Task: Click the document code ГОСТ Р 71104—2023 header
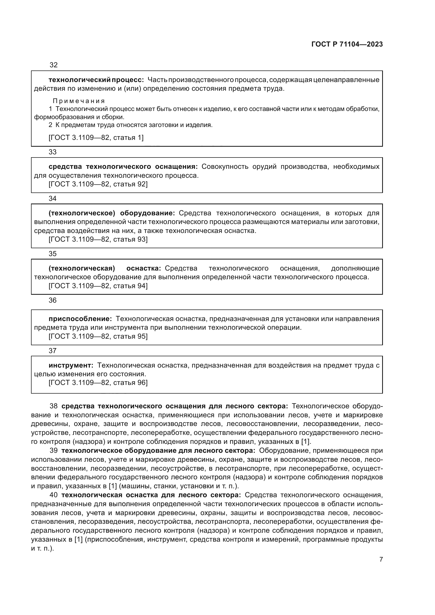[x=347, y=44]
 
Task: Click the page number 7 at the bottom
[x=381, y=559]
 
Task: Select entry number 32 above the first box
[x=54, y=65]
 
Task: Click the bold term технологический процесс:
[x=96, y=80]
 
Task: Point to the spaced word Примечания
[x=79, y=101]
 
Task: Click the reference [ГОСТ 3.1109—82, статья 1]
[x=96, y=138]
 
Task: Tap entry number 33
[x=53, y=152]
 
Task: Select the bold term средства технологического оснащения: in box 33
[x=123, y=167]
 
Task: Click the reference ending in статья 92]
[x=98, y=184]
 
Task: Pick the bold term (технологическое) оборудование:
[x=112, y=213]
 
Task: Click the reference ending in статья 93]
[x=98, y=239]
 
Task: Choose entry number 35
[x=53, y=254]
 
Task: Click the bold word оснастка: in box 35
[x=144, y=268]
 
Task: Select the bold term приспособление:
[x=80, y=319]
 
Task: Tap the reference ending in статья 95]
[x=98, y=337]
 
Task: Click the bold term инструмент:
[x=71, y=365]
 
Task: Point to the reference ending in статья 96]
[x=98, y=383]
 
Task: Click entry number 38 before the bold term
[x=54, y=406]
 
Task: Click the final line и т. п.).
[x=42, y=548]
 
